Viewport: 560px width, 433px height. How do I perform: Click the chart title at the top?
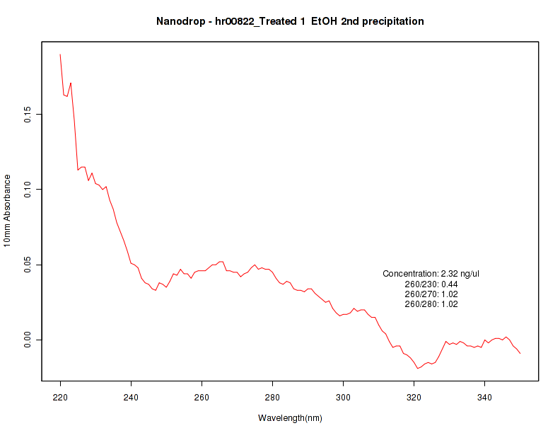[290, 21]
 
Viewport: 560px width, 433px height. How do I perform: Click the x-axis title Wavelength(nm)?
[290, 418]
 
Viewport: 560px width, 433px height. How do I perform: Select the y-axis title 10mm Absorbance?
[8, 211]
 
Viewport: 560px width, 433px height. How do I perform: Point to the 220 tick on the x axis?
[60, 396]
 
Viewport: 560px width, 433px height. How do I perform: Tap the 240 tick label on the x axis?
[131, 396]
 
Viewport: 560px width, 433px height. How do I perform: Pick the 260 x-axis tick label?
[202, 396]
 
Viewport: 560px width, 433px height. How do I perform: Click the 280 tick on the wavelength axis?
[272, 396]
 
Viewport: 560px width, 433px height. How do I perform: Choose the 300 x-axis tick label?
[343, 396]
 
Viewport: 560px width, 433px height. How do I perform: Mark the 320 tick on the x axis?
[414, 396]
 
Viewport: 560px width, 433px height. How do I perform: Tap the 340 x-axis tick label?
[484, 396]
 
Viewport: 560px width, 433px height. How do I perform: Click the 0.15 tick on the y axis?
[27, 114]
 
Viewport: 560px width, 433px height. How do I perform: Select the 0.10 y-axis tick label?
[27, 189]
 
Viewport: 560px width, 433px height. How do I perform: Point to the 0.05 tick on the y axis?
[27, 265]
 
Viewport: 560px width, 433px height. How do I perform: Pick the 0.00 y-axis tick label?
[27, 340]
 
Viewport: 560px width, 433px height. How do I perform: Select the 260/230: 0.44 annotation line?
[431, 284]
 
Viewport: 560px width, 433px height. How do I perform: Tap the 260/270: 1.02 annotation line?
[431, 294]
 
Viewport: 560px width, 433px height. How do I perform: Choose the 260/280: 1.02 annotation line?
[431, 304]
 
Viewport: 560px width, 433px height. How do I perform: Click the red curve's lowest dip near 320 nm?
[417, 369]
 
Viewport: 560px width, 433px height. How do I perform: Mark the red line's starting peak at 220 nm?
[60, 54]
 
